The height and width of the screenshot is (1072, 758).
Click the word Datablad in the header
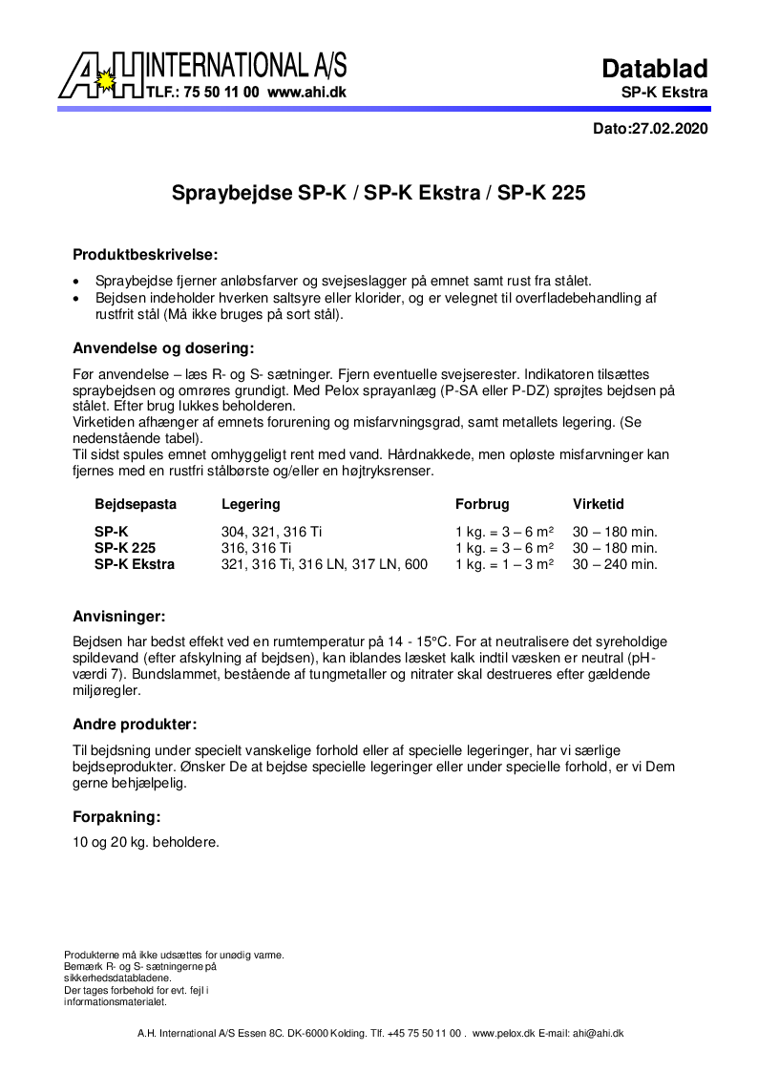point(654,69)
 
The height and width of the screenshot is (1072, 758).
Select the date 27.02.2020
point(670,129)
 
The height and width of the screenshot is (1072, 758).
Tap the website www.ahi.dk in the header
point(306,94)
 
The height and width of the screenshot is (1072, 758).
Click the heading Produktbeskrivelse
point(145,255)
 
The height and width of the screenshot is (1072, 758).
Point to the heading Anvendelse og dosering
point(163,348)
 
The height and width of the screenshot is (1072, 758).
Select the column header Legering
point(251,504)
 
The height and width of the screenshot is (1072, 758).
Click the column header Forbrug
point(482,504)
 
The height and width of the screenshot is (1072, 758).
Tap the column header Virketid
point(599,504)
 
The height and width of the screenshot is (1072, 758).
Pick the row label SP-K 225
point(125,548)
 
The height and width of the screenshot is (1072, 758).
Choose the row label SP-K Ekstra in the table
point(135,564)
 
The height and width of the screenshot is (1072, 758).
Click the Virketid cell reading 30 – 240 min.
point(615,564)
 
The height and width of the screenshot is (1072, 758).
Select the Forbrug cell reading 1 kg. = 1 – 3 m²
point(504,564)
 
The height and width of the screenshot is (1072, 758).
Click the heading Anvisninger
point(119,616)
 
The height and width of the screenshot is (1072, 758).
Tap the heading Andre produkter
point(135,724)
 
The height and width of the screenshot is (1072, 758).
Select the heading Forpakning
point(116,816)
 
